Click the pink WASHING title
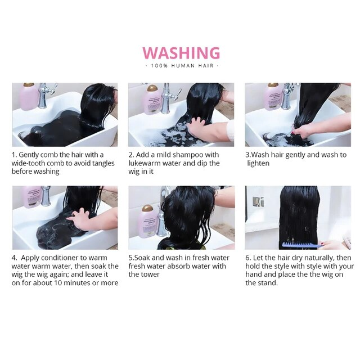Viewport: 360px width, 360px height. pyautogui.click(x=181, y=53)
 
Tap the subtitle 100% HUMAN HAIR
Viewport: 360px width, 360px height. pyautogui.click(x=182, y=66)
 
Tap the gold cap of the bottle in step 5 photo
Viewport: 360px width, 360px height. pyautogui.click(x=147, y=209)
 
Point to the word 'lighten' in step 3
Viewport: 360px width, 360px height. pyautogui.click(x=258, y=163)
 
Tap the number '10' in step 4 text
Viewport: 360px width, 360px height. pyautogui.click(x=58, y=283)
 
